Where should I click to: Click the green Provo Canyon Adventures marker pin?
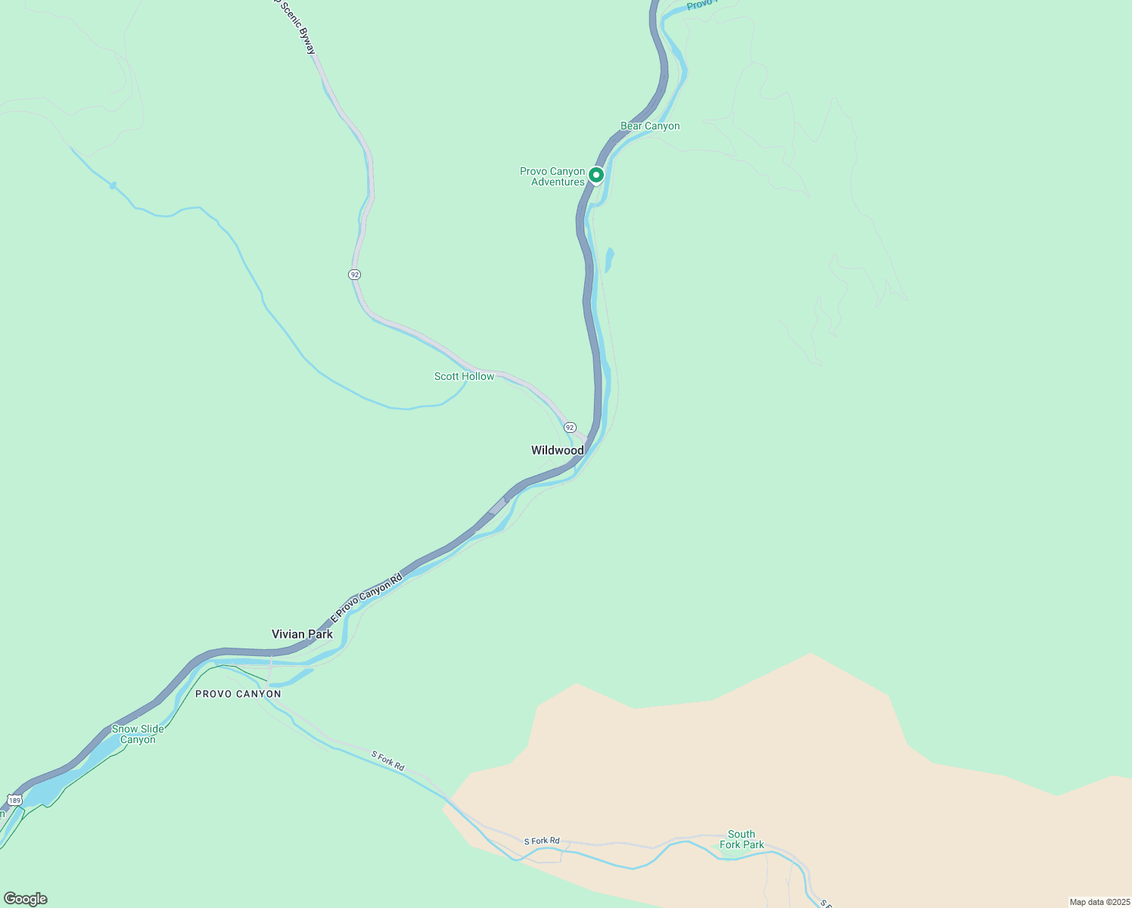[596, 176]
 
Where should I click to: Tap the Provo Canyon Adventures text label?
[552, 176]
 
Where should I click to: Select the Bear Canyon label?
[650, 126]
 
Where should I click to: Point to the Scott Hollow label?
[464, 376]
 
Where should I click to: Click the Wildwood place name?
[557, 450]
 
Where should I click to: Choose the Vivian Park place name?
[302, 634]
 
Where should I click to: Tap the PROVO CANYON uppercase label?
[238, 694]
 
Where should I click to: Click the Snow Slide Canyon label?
[138, 734]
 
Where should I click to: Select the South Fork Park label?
[742, 839]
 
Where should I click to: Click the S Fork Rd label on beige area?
[542, 841]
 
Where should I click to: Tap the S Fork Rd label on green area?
[388, 760]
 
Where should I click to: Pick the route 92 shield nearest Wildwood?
[570, 428]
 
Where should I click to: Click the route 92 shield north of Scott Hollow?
[354, 274]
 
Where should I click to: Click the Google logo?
[26, 899]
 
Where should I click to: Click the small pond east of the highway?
[609, 260]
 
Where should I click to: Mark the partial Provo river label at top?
[699, 5]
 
